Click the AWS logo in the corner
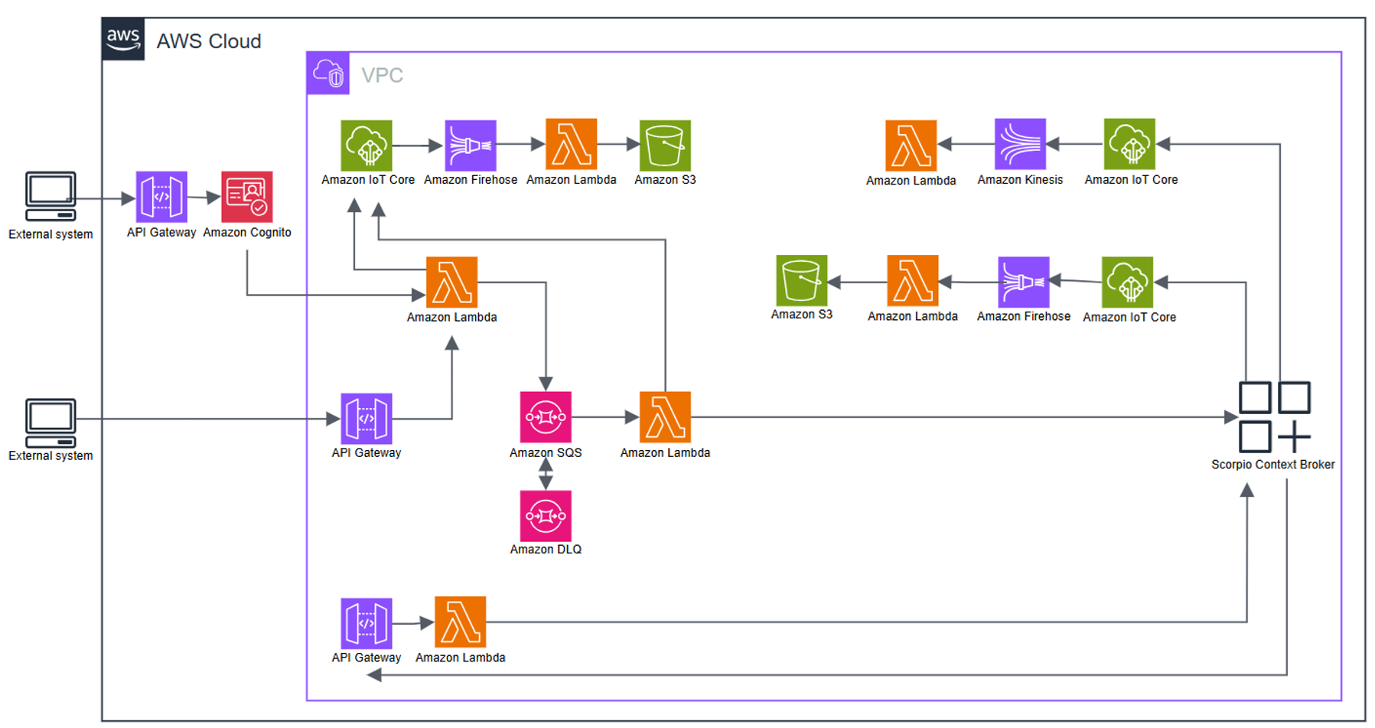(123, 39)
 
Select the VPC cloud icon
(328, 73)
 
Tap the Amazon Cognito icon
(246, 197)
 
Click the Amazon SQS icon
(546, 417)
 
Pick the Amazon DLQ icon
(546, 516)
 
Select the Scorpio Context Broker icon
(1274, 417)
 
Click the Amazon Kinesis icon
(1020, 144)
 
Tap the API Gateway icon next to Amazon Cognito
(161, 197)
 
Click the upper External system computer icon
(51, 196)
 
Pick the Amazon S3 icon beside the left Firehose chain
(665, 145)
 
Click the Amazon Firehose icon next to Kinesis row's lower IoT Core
(1023, 282)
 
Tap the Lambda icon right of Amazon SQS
(665, 417)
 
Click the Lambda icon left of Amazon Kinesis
(911, 145)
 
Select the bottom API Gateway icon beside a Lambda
(367, 623)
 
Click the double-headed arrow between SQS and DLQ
(546, 473)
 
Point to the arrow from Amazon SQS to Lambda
(604, 417)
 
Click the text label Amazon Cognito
(246, 233)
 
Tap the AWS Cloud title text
(209, 41)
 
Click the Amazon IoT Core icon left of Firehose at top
(367, 145)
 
